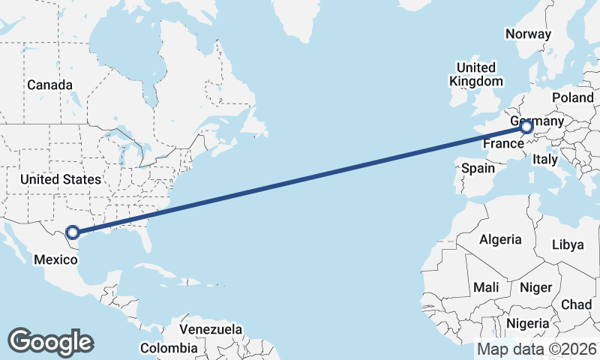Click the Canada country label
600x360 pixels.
click(x=50, y=85)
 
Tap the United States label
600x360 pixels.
click(x=60, y=179)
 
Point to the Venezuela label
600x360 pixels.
click(x=211, y=329)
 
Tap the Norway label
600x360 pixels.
click(x=528, y=34)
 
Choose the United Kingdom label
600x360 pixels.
click(x=476, y=74)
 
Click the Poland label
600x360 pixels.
click(x=572, y=98)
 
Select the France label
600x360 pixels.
click(x=502, y=142)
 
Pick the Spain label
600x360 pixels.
click(x=478, y=168)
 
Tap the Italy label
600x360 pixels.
click(x=544, y=159)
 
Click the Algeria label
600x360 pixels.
click(x=500, y=239)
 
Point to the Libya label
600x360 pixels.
click(x=567, y=244)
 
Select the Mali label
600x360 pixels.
click(x=486, y=287)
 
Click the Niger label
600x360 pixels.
click(x=535, y=287)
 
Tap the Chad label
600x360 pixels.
click(x=577, y=304)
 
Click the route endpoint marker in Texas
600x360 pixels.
click(x=73, y=232)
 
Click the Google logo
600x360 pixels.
click(x=51, y=341)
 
